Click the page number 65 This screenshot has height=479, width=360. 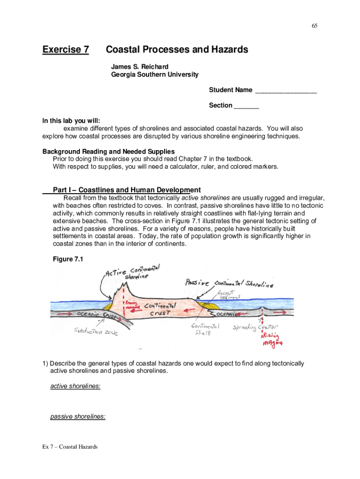click(x=314, y=26)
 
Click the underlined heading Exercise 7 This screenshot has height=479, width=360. click(x=65, y=50)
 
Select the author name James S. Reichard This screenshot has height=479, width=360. click(x=140, y=67)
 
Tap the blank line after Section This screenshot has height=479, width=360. click(x=246, y=106)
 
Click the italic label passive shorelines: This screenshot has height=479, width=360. click(x=78, y=416)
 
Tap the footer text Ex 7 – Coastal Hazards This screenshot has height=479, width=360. click(x=70, y=447)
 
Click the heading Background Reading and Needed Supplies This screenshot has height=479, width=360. click(x=108, y=152)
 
